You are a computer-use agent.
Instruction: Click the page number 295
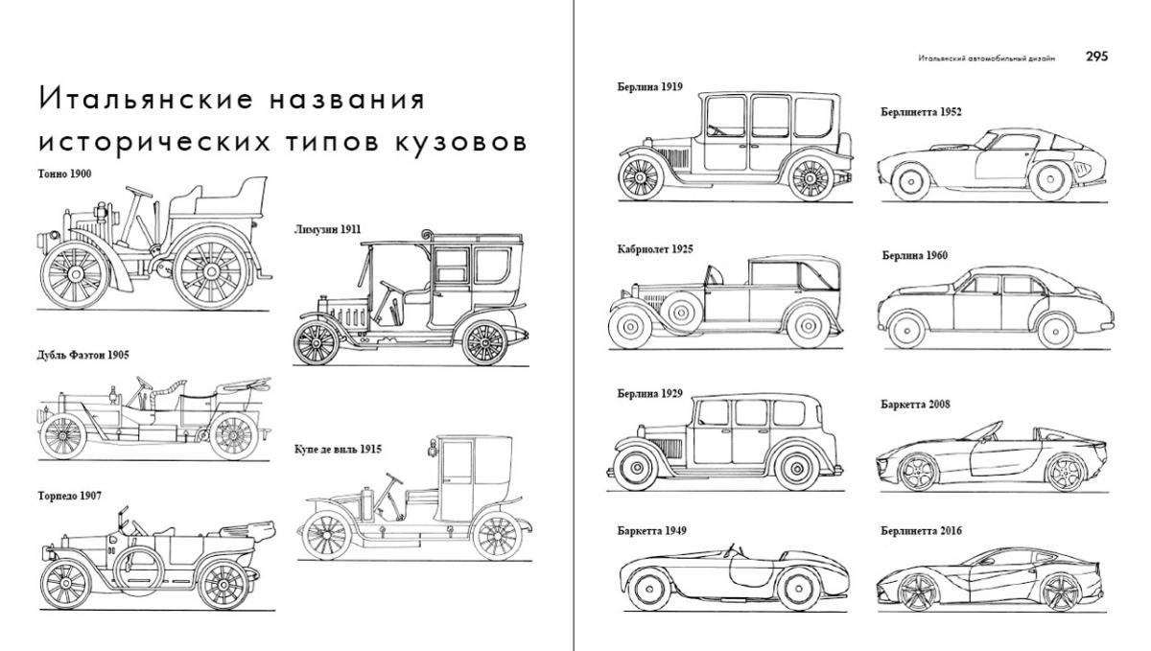[x=1096, y=57]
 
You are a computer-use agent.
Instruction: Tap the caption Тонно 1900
[x=65, y=174]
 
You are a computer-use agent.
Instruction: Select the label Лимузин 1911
[x=327, y=229]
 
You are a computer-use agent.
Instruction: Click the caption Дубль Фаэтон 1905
[x=82, y=355]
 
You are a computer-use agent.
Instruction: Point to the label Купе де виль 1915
[x=338, y=449]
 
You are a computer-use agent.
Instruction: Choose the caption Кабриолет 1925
[x=655, y=249]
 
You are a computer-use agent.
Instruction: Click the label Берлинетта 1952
[x=921, y=112]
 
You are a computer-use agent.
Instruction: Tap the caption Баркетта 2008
[x=916, y=405]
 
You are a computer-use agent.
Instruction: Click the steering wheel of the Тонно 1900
[x=139, y=192]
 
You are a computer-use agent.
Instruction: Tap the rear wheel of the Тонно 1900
[x=211, y=271]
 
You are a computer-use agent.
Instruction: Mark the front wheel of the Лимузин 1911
[x=316, y=342]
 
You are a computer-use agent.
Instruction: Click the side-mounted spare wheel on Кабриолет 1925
[x=681, y=313]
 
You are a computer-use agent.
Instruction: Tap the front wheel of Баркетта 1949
[x=649, y=590]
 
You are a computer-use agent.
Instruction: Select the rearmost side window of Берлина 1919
[x=814, y=117]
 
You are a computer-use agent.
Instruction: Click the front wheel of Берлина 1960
[x=906, y=331]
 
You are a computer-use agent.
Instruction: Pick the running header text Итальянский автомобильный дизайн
[x=987, y=58]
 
